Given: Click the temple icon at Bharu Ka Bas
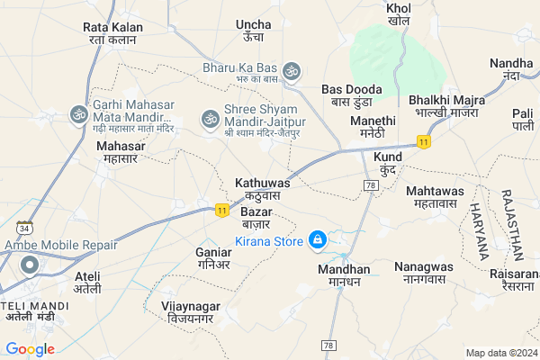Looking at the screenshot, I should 291,69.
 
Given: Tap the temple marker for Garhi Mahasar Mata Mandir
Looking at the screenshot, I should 78,114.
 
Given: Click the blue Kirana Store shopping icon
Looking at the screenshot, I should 317,240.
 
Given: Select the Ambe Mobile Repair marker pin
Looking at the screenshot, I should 29,265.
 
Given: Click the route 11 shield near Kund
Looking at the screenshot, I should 422,141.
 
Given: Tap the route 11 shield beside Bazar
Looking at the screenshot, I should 221,210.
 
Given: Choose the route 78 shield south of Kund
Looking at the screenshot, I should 370,184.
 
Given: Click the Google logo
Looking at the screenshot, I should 30,349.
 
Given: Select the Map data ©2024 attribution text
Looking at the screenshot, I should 499,353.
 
